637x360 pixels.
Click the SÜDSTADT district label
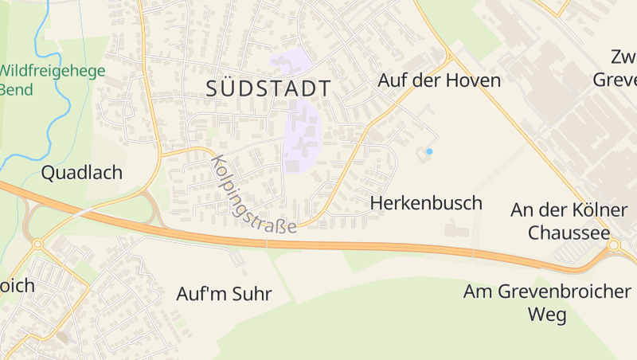coord(268,88)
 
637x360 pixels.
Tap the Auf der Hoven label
coord(439,80)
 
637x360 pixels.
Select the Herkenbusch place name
coord(426,203)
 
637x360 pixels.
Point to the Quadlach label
coord(82,172)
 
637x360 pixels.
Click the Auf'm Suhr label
coord(224,294)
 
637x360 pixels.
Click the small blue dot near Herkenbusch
coord(429,151)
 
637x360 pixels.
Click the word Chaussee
coord(569,233)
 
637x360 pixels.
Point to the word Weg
coord(548,315)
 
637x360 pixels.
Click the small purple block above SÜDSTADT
coord(291,60)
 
